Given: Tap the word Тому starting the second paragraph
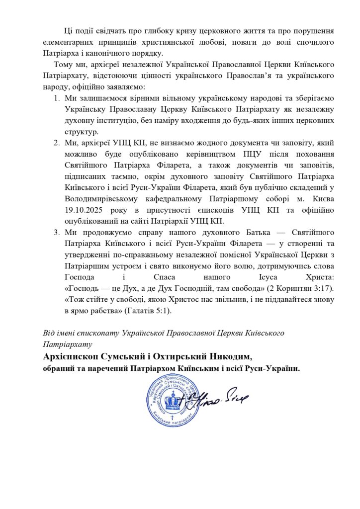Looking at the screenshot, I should point(66,65).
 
